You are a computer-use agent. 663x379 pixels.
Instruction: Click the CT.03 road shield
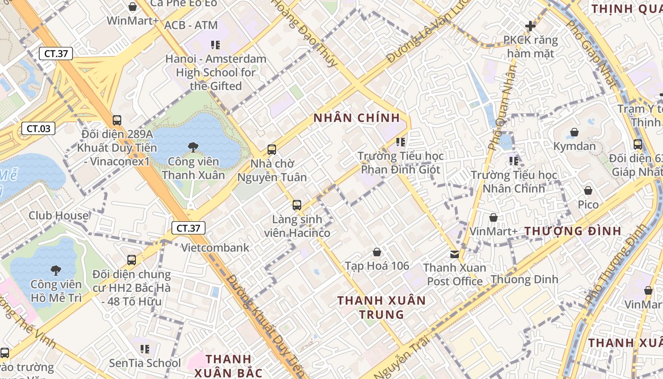click(x=38, y=128)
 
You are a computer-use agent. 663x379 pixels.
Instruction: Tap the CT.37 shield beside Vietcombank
click(x=188, y=228)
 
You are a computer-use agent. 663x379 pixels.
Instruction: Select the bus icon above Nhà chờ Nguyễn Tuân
click(x=272, y=150)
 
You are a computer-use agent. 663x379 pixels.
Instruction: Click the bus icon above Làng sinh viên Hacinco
click(x=297, y=205)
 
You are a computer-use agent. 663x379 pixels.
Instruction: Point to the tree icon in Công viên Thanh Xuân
click(x=193, y=147)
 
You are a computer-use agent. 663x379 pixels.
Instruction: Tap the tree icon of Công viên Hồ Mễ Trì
click(x=56, y=271)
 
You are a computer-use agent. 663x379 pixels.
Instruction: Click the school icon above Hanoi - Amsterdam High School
click(x=215, y=45)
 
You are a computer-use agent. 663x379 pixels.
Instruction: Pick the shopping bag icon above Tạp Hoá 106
click(x=377, y=252)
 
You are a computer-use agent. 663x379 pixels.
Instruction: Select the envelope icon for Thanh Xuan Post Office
click(x=455, y=254)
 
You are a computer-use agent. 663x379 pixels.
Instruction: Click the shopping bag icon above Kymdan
click(x=574, y=132)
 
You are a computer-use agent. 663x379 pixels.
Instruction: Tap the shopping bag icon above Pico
click(x=588, y=190)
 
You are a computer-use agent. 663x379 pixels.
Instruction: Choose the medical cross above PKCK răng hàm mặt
click(x=530, y=26)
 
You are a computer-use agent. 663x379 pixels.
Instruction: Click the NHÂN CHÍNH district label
click(x=357, y=118)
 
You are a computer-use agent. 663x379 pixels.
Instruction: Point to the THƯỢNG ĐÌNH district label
click(x=573, y=231)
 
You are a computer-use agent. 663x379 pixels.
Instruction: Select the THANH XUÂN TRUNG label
click(x=382, y=307)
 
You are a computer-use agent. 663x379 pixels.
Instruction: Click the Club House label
click(x=59, y=216)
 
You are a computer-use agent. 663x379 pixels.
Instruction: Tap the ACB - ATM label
click(x=191, y=25)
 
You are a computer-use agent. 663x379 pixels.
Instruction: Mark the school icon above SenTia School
click(x=145, y=349)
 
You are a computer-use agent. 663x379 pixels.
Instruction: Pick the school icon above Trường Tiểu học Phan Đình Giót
click(x=401, y=142)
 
